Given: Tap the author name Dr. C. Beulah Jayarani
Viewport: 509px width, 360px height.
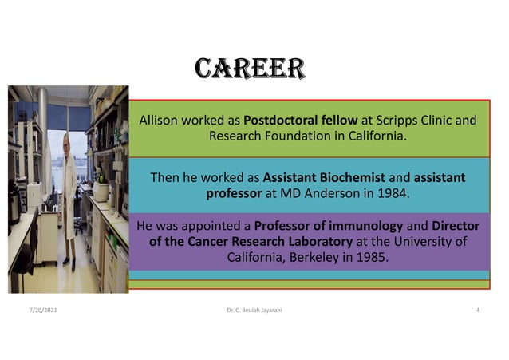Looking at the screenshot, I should (x=254, y=309).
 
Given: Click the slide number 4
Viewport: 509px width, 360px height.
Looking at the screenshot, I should (x=476, y=309).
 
